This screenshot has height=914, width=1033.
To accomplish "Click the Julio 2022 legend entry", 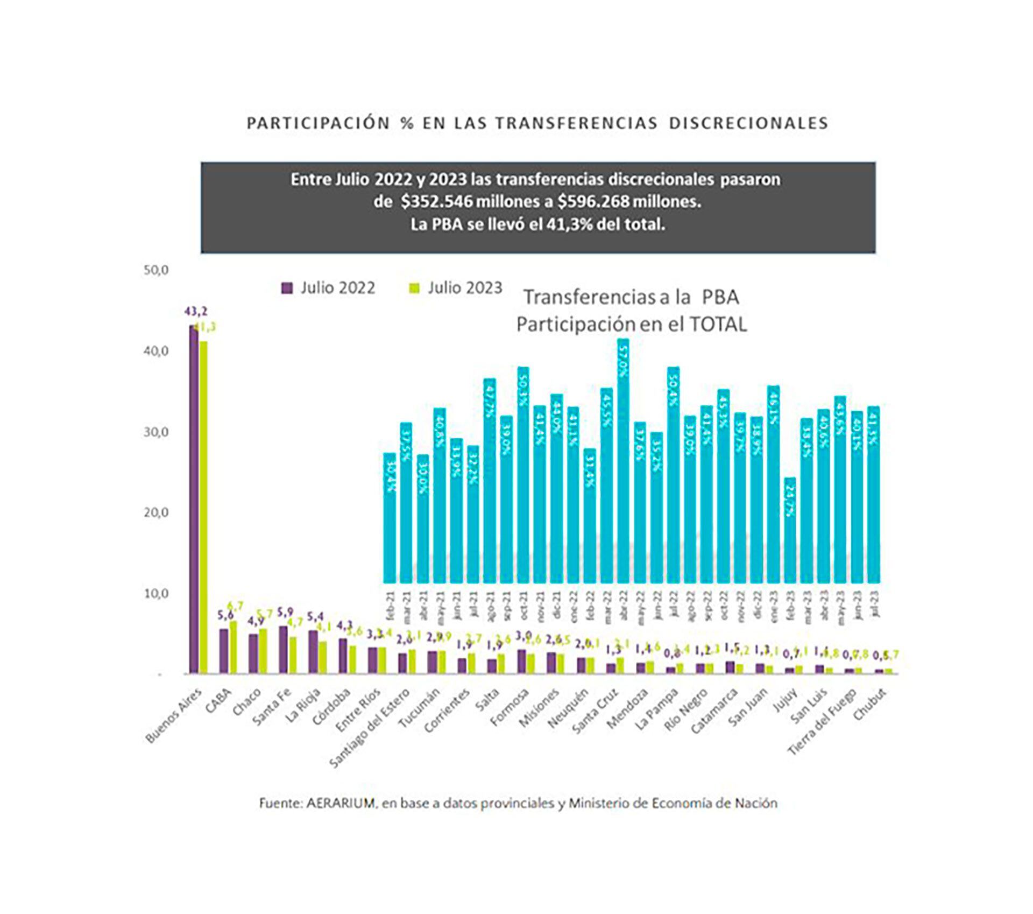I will pos(328,288).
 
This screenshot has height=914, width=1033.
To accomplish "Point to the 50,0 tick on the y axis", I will pos(156,270).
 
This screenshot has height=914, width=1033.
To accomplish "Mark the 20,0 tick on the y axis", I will pos(156,512).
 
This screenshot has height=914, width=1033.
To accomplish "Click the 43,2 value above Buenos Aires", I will pos(195,312).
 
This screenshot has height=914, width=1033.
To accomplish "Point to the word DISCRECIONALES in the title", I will pos(748,123).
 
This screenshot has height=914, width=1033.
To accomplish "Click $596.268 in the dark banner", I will pos(592,202).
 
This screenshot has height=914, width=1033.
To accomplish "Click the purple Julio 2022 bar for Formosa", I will pos(521,662).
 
